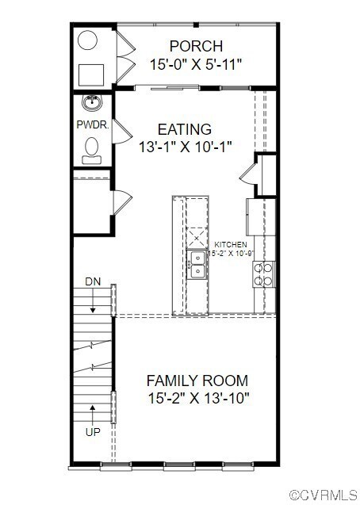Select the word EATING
pyautogui.click(x=184, y=129)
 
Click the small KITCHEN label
pyautogui.click(x=231, y=244)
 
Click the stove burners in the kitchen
pyautogui.click(x=263, y=274)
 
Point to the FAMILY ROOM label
pyautogui.click(x=197, y=380)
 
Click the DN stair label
pyautogui.click(x=93, y=281)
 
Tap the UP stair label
pyautogui.click(x=93, y=432)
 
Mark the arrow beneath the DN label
pyautogui.click(x=93, y=300)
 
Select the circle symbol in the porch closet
pyautogui.click(x=88, y=40)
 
